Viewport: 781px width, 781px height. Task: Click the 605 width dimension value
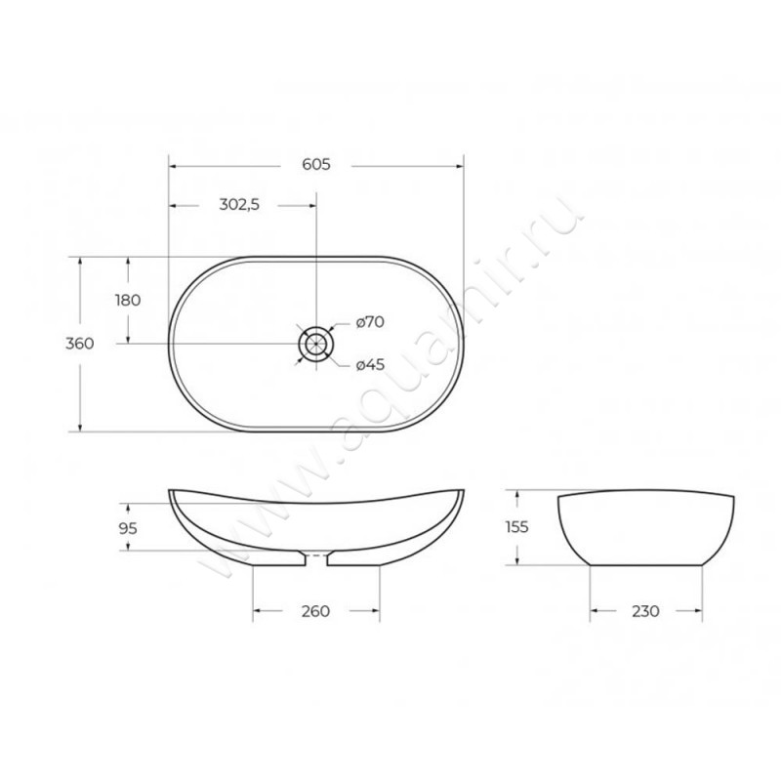point(315,165)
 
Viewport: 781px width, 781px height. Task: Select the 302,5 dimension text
point(238,205)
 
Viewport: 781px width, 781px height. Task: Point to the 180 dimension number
point(128,301)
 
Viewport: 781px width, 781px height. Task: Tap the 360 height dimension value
point(79,344)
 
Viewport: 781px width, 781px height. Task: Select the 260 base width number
point(315,612)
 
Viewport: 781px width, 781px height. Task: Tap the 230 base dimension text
point(645,612)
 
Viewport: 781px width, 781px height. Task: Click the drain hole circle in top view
point(316,344)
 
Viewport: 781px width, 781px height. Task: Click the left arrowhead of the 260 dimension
point(258,612)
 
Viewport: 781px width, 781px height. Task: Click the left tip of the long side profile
point(171,491)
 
